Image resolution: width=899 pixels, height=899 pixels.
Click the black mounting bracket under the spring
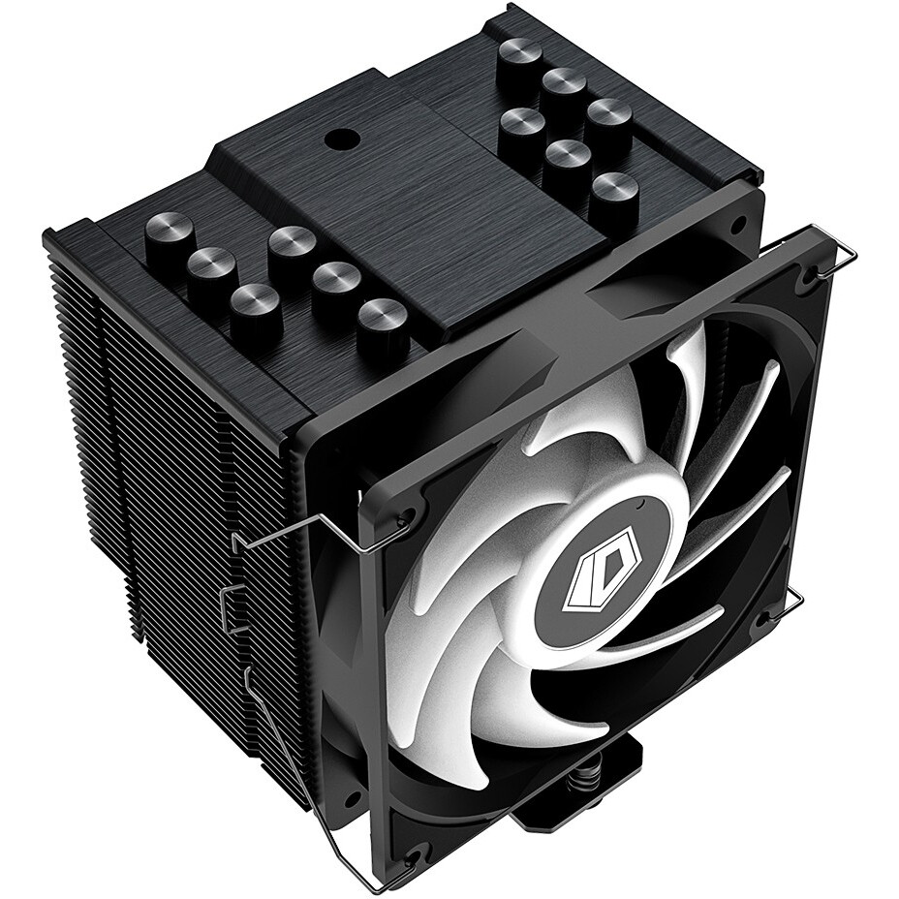tap(542, 794)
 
